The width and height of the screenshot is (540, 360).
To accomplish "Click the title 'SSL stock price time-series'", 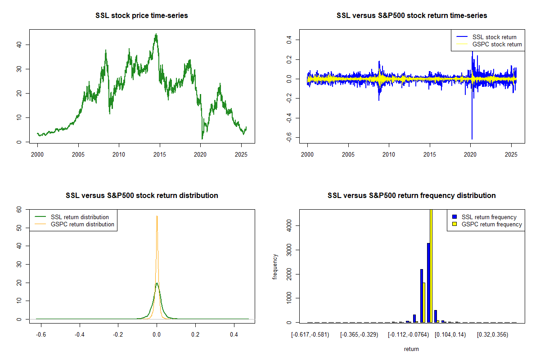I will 141,16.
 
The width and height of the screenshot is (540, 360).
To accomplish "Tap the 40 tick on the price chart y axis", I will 22,45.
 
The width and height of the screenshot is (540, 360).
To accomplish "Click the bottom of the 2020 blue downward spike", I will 472,139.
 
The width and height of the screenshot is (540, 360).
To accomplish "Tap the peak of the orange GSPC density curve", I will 157,216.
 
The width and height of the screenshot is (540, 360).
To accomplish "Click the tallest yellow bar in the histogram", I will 431,265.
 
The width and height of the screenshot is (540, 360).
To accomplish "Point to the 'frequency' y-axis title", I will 275,267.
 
